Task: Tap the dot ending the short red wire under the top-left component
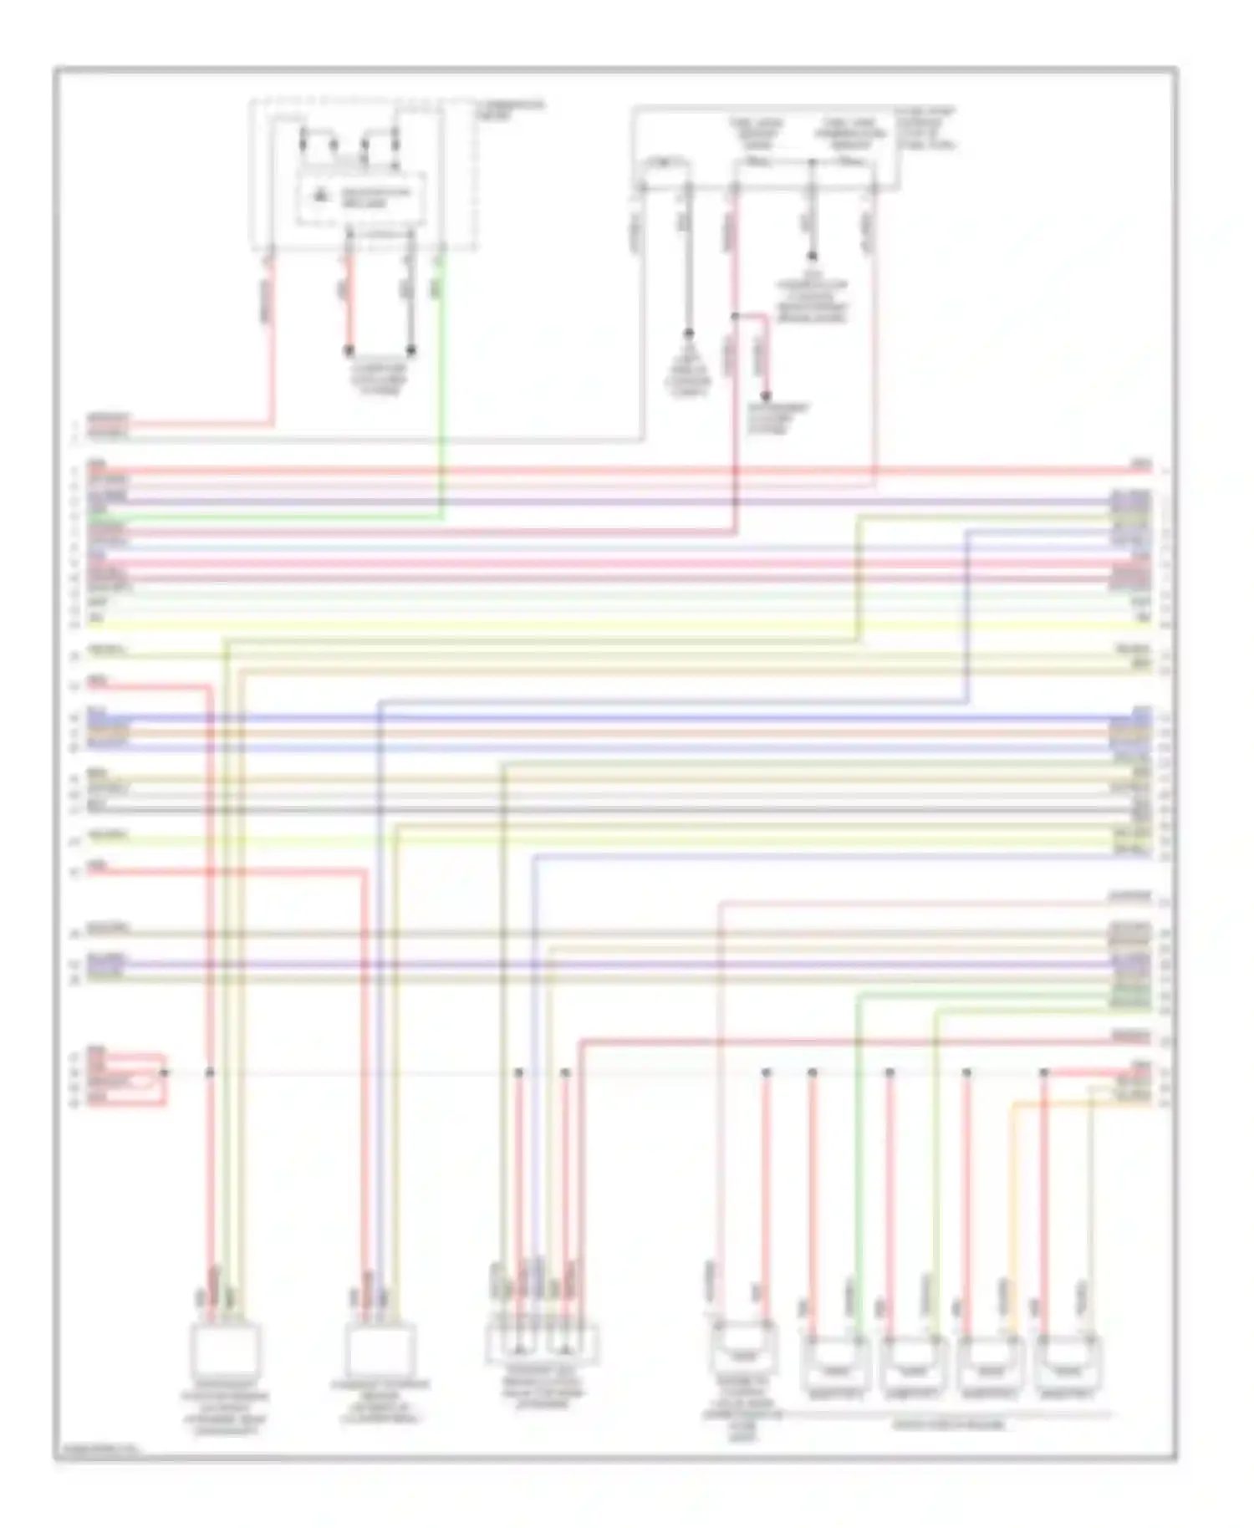pyautogui.click(x=349, y=350)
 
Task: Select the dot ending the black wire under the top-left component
pyautogui.click(x=411, y=350)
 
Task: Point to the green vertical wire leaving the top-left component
pyautogui.click(x=442, y=376)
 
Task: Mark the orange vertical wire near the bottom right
pyautogui.click(x=1012, y=1212)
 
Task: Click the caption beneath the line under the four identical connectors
pyautogui.click(x=949, y=1424)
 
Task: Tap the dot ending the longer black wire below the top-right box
pyautogui.click(x=689, y=333)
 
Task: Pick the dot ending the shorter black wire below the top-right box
pyautogui.click(x=811, y=257)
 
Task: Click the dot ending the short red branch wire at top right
pyautogui.click(x=765, y=396)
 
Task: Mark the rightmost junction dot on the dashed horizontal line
pyautogui.click(x=1043, y=1072)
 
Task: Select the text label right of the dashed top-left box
pyautogui.click(x=510, y=110)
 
